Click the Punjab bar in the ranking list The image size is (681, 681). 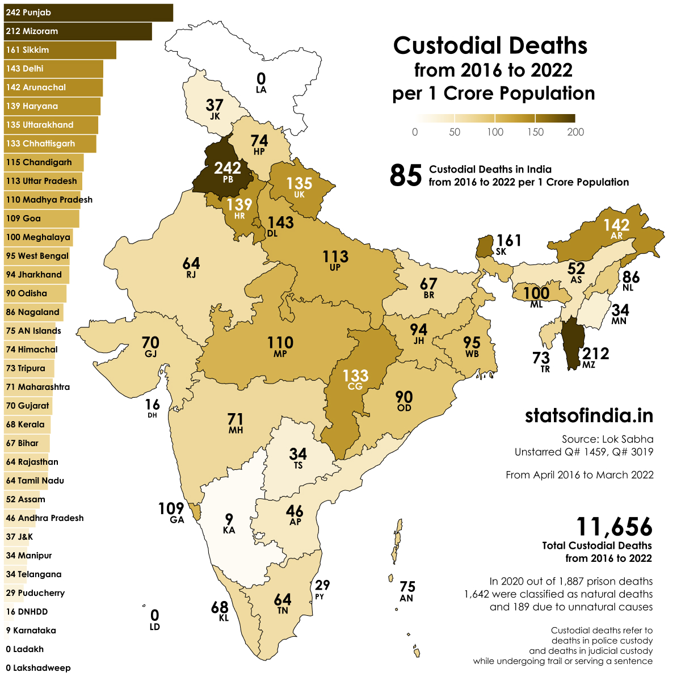click(88, 12)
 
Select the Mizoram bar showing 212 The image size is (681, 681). click(78, 31)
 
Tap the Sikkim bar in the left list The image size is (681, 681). click(60, 50)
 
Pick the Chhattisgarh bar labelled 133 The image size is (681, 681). click(50, 144)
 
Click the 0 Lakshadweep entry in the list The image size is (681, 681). click(38, 668)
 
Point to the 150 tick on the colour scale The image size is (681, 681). click(535, 132)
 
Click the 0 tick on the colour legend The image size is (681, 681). click(415, 132)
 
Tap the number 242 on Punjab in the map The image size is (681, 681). click(228, 167)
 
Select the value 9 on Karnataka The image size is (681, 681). click(229, 519)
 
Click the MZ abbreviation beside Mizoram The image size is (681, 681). click(588, 365)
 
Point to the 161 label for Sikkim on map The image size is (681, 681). click(508, 241)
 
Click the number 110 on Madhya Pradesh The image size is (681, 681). click(280, 342)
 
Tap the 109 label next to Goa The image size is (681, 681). click(171, 508)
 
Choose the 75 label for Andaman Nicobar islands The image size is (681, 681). click(407, 586)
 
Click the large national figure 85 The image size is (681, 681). click(406, 175)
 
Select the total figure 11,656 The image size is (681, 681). click(614, 527)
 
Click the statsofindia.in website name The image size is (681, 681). click(588, 415)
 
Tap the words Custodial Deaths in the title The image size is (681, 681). click(490, 46)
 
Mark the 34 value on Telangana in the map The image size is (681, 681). click(298, 453)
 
